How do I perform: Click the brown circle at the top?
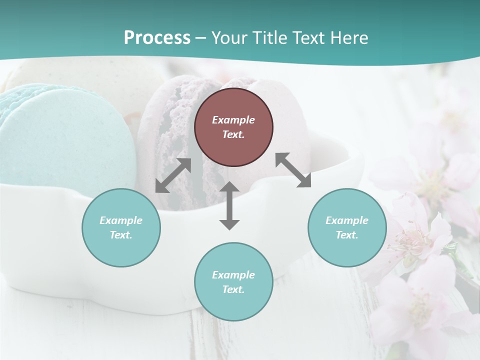pos(233,127)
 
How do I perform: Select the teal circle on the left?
pos(121,227)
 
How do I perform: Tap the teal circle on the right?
pos(347,227)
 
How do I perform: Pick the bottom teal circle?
pos(233,282)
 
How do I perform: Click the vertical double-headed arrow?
pos(229,205)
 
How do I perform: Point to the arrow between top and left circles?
pos(173,175)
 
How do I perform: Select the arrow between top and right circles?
pos(293,170)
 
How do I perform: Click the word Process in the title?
pos(157,37)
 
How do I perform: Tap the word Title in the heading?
pos(269,37)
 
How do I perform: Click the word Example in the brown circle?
pos(233,120)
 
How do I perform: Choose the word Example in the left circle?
pos(121,220)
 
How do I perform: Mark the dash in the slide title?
pos(201,38)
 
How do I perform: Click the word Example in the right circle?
pos(347,220)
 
